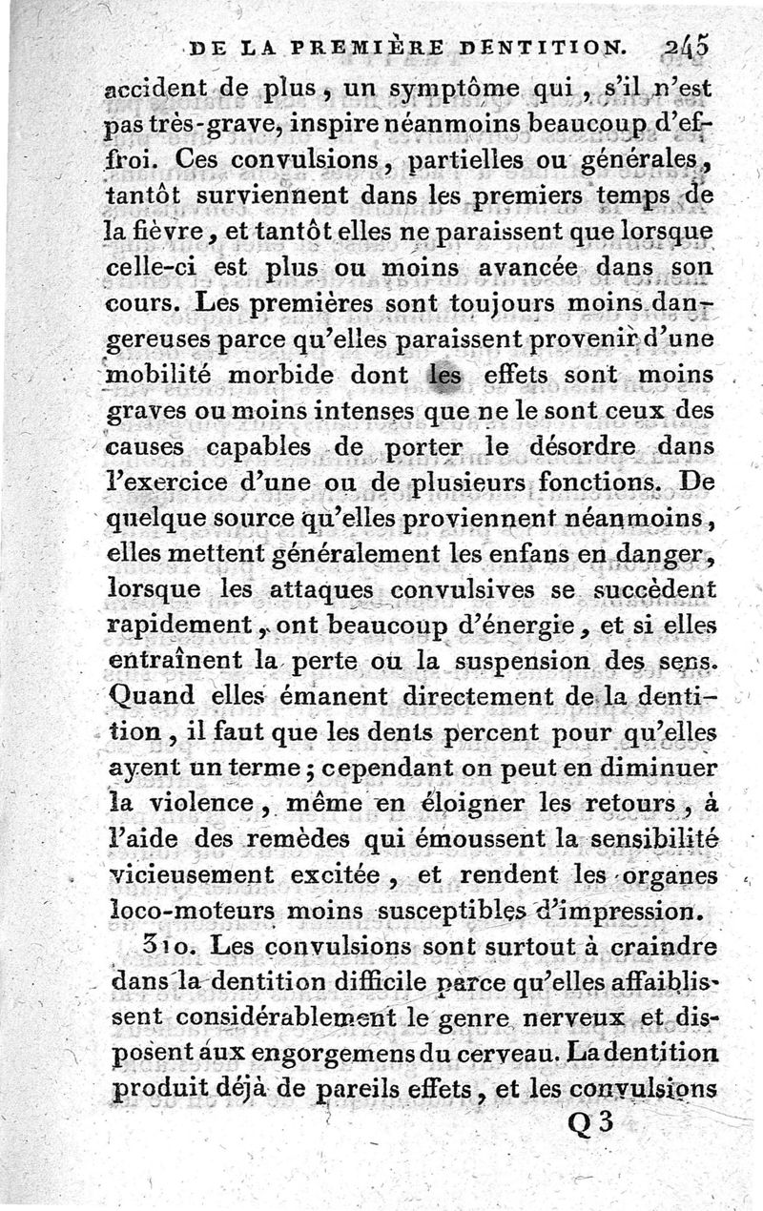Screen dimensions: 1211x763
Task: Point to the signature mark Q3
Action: coord(589,1125)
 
